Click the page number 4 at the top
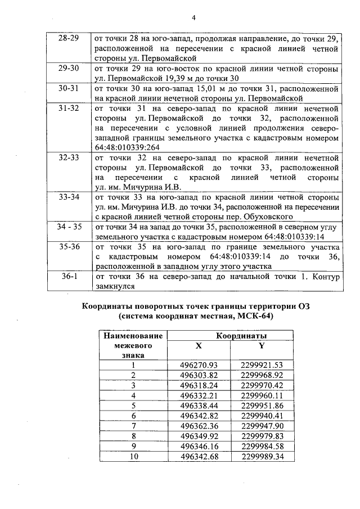[x=193, y=17]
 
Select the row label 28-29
[x=69, y=38]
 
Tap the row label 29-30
[x=69, y=68]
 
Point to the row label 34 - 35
[x=69, y=227]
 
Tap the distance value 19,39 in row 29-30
[x=202, y=78]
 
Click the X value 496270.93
[x=198, y=365]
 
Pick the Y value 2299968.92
[x=261, y=375]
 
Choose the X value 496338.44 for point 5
[x=198, y=405]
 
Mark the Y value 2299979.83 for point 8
[x=261, y=435]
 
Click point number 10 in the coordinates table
[x=134, y=456]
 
